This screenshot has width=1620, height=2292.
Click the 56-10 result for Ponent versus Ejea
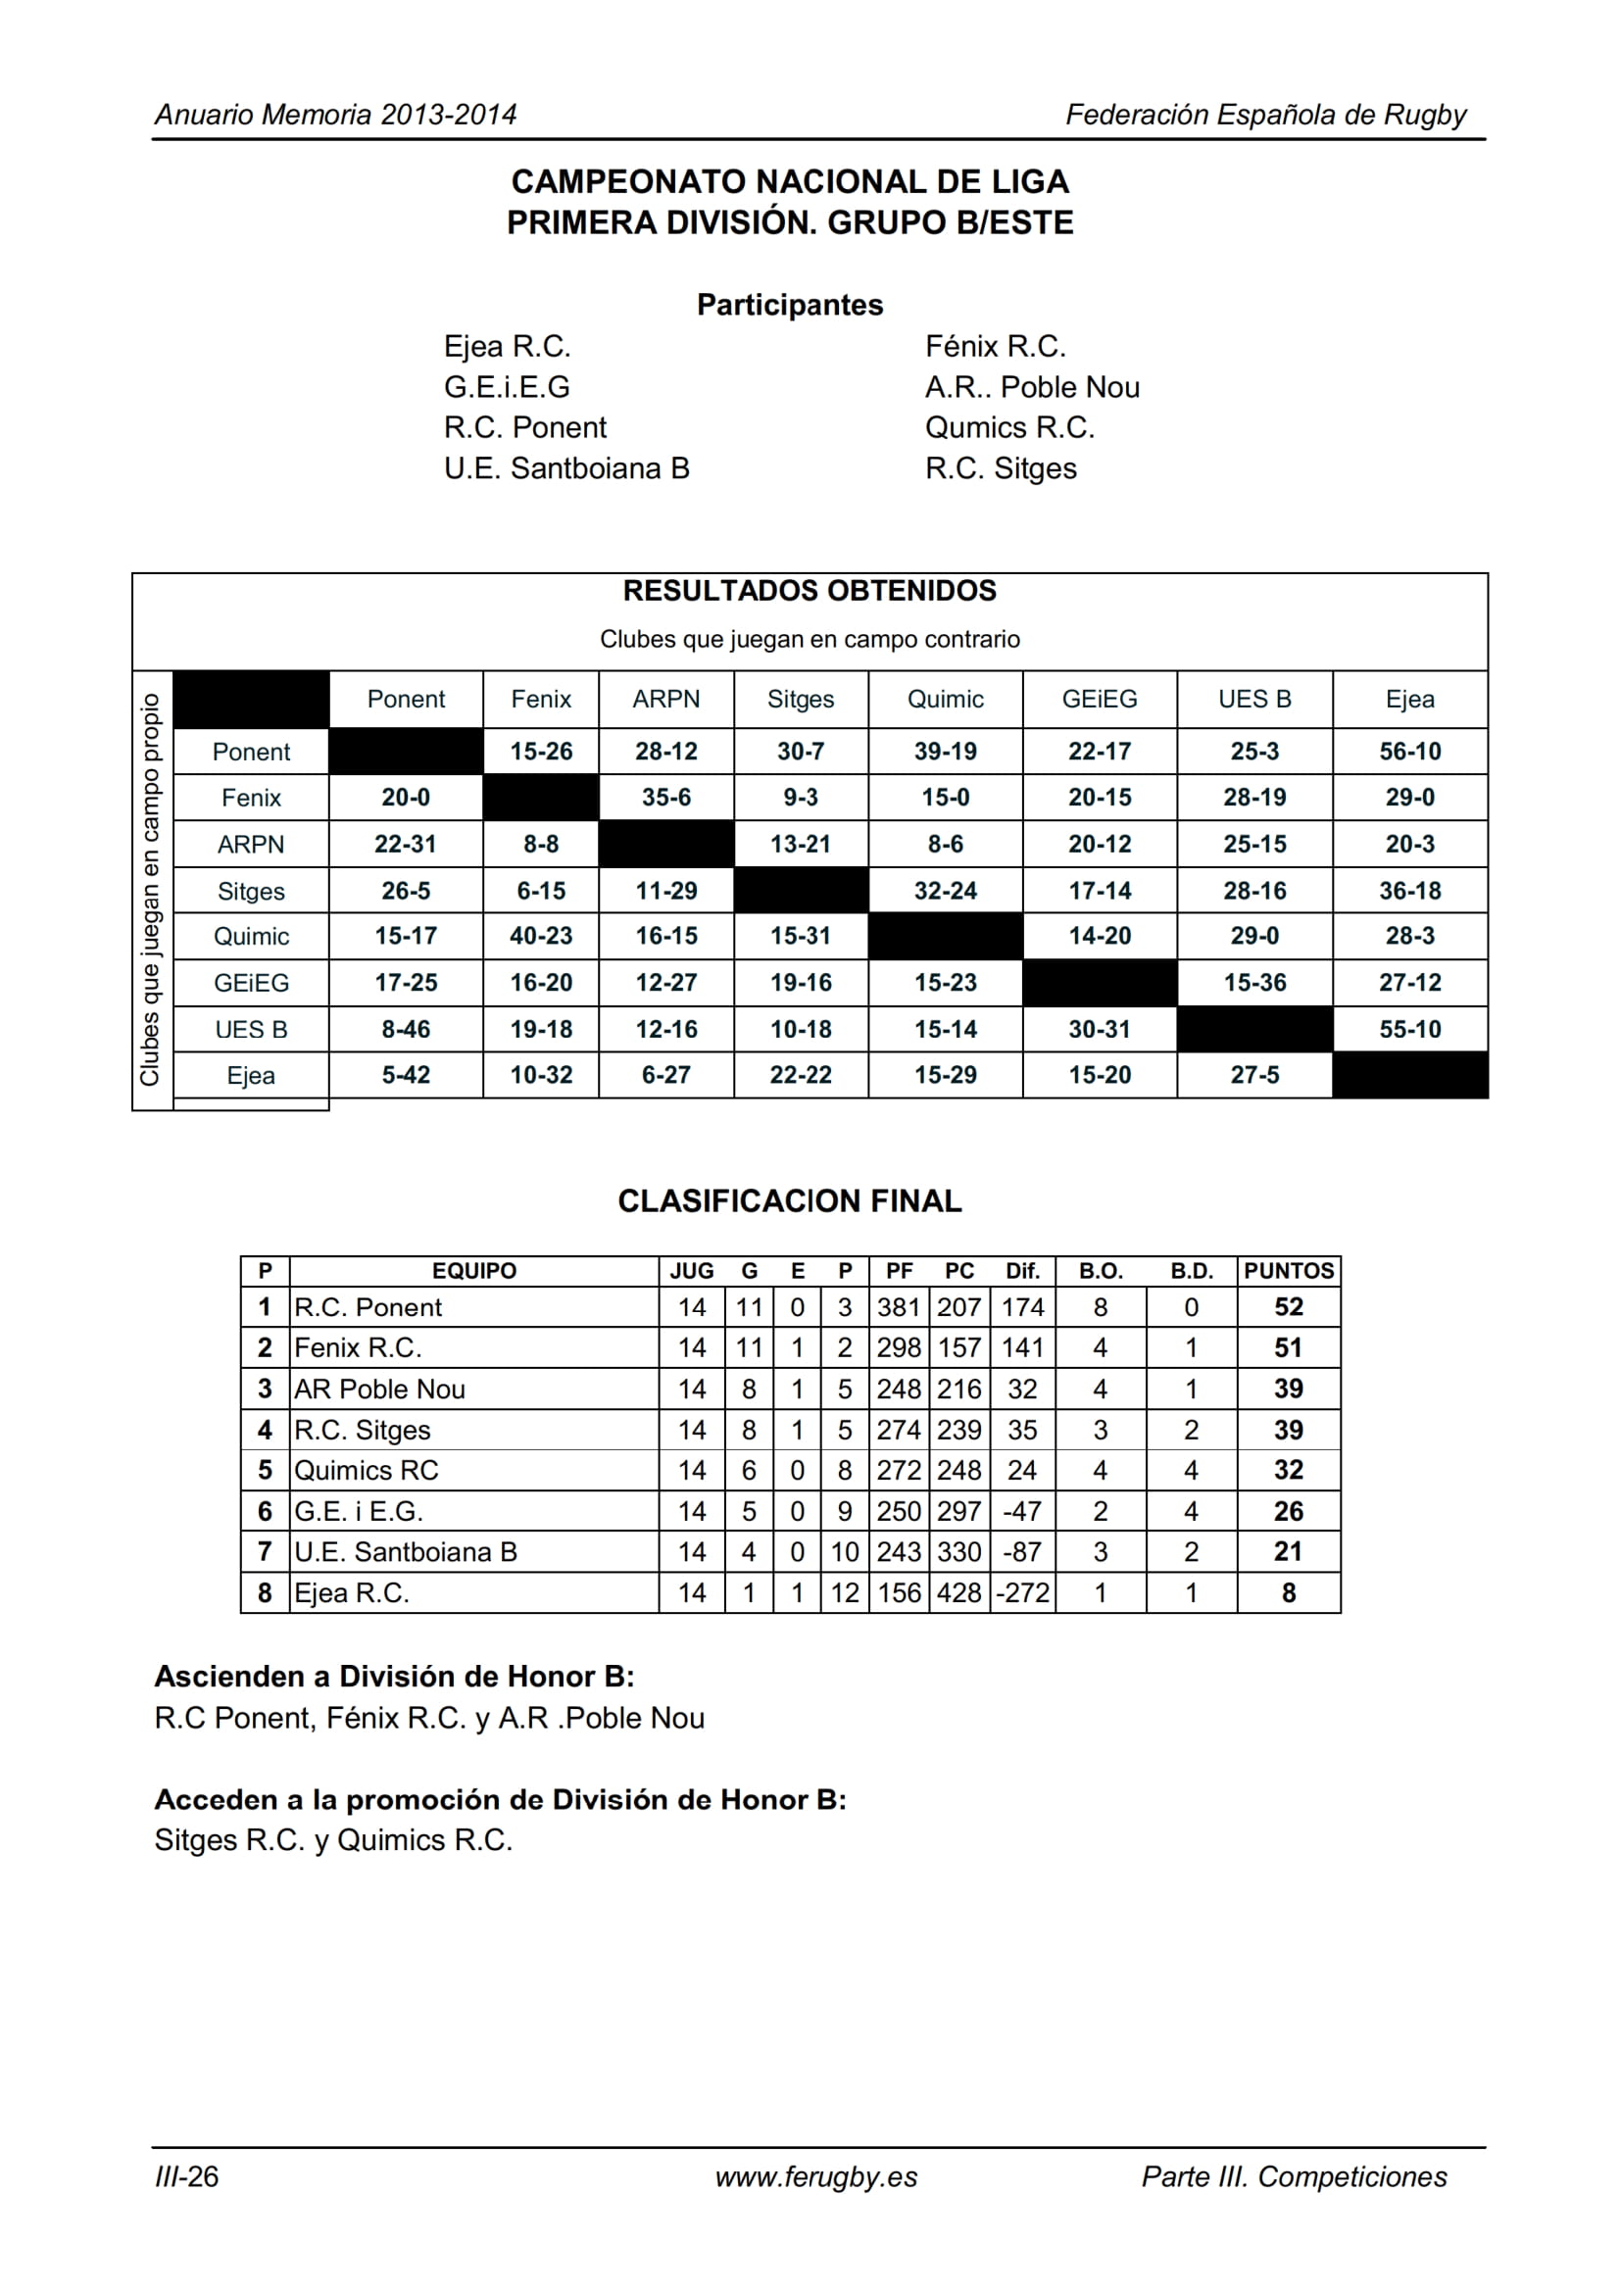point(1409,751)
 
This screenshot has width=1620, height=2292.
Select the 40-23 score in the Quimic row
point(541,937)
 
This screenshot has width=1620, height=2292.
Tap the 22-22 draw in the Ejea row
point(801,1075)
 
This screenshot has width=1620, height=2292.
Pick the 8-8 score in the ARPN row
point(541,844)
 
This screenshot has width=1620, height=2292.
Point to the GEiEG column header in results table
point(1099,699)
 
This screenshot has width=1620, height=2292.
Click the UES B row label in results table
point(251,1029)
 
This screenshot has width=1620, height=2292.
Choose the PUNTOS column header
point(1288,1271)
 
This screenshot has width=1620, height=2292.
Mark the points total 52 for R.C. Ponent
point(1288,1307)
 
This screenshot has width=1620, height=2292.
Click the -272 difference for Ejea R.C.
point(1023,1592)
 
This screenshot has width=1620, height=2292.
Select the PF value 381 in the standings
point(899,1307)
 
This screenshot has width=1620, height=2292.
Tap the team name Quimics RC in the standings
point(367,1471)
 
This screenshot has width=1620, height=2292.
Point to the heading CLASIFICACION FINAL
point(790,1201)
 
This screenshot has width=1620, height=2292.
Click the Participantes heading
point(790,305)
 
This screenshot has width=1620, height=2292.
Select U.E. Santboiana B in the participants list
point(566,468)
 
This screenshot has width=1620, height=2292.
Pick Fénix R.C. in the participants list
point(995,346)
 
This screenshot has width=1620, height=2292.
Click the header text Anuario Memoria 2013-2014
point(335,115)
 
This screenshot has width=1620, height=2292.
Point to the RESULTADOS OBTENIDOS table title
point(810,591)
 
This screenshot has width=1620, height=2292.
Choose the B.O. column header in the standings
point(1100,1271)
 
